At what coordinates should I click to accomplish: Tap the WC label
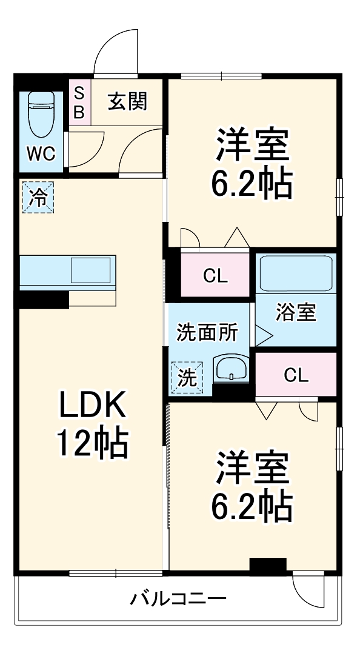tap(41, 154)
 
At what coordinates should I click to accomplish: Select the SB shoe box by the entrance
tap(79, 103)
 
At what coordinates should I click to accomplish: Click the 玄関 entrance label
tap(127, 101)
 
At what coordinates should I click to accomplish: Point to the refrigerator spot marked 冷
tap(38, 198)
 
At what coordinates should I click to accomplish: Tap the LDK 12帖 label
tap(92, 425)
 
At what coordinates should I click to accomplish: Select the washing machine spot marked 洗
tap(187, 378)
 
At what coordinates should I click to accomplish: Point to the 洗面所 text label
tap(207, 332)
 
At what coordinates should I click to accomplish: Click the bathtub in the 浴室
tap(295, 274)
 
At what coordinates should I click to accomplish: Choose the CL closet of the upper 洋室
tap(215, 276)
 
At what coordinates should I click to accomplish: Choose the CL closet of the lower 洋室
tap(296, 375)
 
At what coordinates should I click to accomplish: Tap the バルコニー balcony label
tap(178, 600)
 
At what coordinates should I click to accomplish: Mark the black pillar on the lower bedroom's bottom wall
tap(267, 565)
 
